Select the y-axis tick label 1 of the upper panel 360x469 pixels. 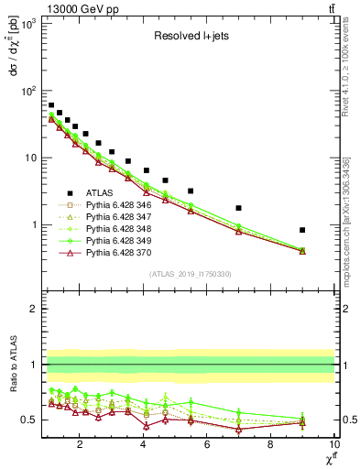[35, 225]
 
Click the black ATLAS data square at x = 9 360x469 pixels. [302, 230]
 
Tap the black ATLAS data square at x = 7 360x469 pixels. [238, 208]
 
